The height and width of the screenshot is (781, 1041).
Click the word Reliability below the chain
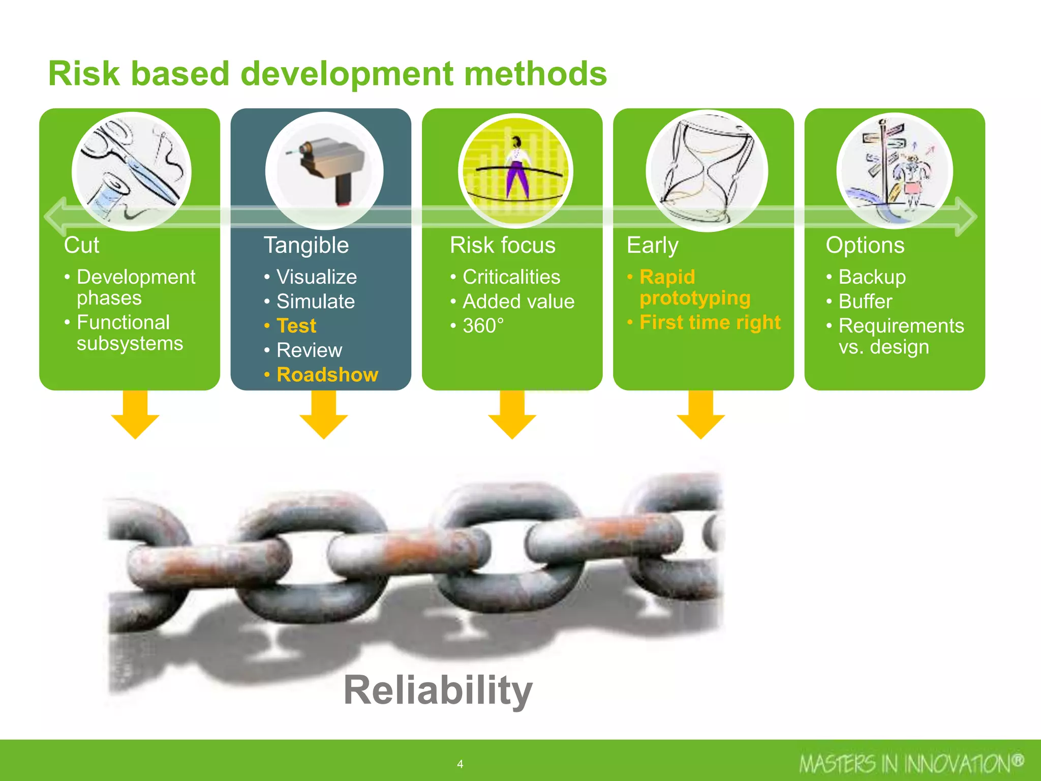point(438,690)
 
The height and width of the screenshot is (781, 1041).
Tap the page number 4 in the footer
point(460,764)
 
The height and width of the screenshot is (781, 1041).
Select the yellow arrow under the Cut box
point(135,414)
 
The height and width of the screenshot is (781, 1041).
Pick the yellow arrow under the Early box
point(701,414)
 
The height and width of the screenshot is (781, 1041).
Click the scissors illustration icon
point(132,171)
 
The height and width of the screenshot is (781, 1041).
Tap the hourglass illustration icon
point(707,171)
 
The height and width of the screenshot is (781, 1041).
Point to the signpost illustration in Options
point(895,171)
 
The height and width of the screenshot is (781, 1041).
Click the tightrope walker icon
point(515,171)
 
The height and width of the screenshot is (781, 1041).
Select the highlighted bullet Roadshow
point(327,375)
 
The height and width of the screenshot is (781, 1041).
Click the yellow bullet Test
point(296,326)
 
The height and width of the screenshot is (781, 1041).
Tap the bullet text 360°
point(483,326)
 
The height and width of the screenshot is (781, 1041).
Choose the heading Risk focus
point(503,245)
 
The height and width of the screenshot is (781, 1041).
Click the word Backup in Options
point(872,277)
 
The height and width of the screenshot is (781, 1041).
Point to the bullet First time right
point(710,322)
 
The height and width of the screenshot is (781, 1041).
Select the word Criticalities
point(511,277)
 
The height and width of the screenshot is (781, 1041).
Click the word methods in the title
point(535,74)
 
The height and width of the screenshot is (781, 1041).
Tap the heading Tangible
point(306,245)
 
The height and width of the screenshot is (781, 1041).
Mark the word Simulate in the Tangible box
point(315,302)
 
